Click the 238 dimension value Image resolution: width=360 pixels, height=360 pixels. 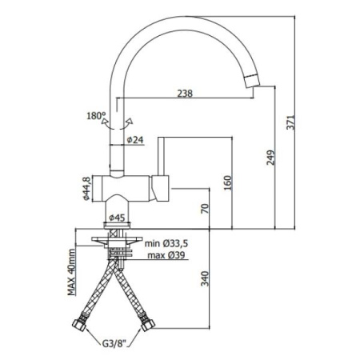pyautogui.click(x=185, y=93)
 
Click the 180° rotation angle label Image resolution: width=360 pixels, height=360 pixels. pyautogui.click(x=95, y=117)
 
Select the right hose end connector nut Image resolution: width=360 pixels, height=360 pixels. pyautogui.click(x=147, y=326)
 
